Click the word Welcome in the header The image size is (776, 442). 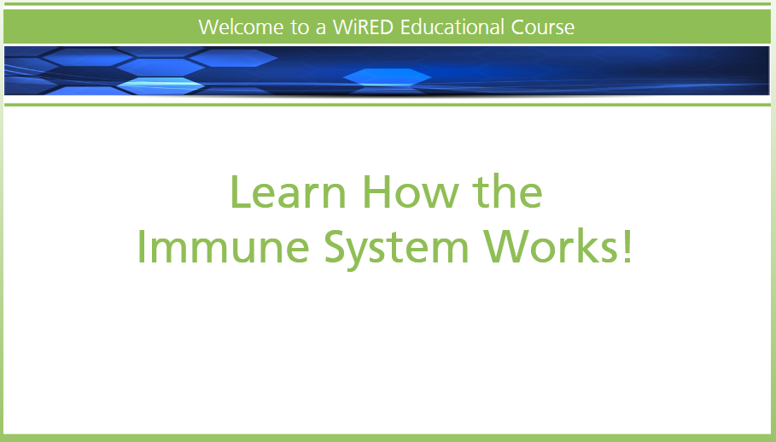(242, 27)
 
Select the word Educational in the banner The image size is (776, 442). (452, 27)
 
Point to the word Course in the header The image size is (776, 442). (542, 27)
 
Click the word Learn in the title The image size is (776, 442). (288, 192)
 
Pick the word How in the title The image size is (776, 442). (411, 192)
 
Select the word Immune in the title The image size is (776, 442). (223, 246)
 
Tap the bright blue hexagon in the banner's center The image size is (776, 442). (387, 77)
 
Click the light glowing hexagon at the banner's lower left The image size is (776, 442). (160, 85)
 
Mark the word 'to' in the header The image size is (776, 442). (300, 27)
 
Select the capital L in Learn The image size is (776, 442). (241, 192)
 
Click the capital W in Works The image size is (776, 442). (507, 246)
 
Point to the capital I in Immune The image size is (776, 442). (141, 246)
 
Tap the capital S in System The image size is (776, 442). (335, 246)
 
